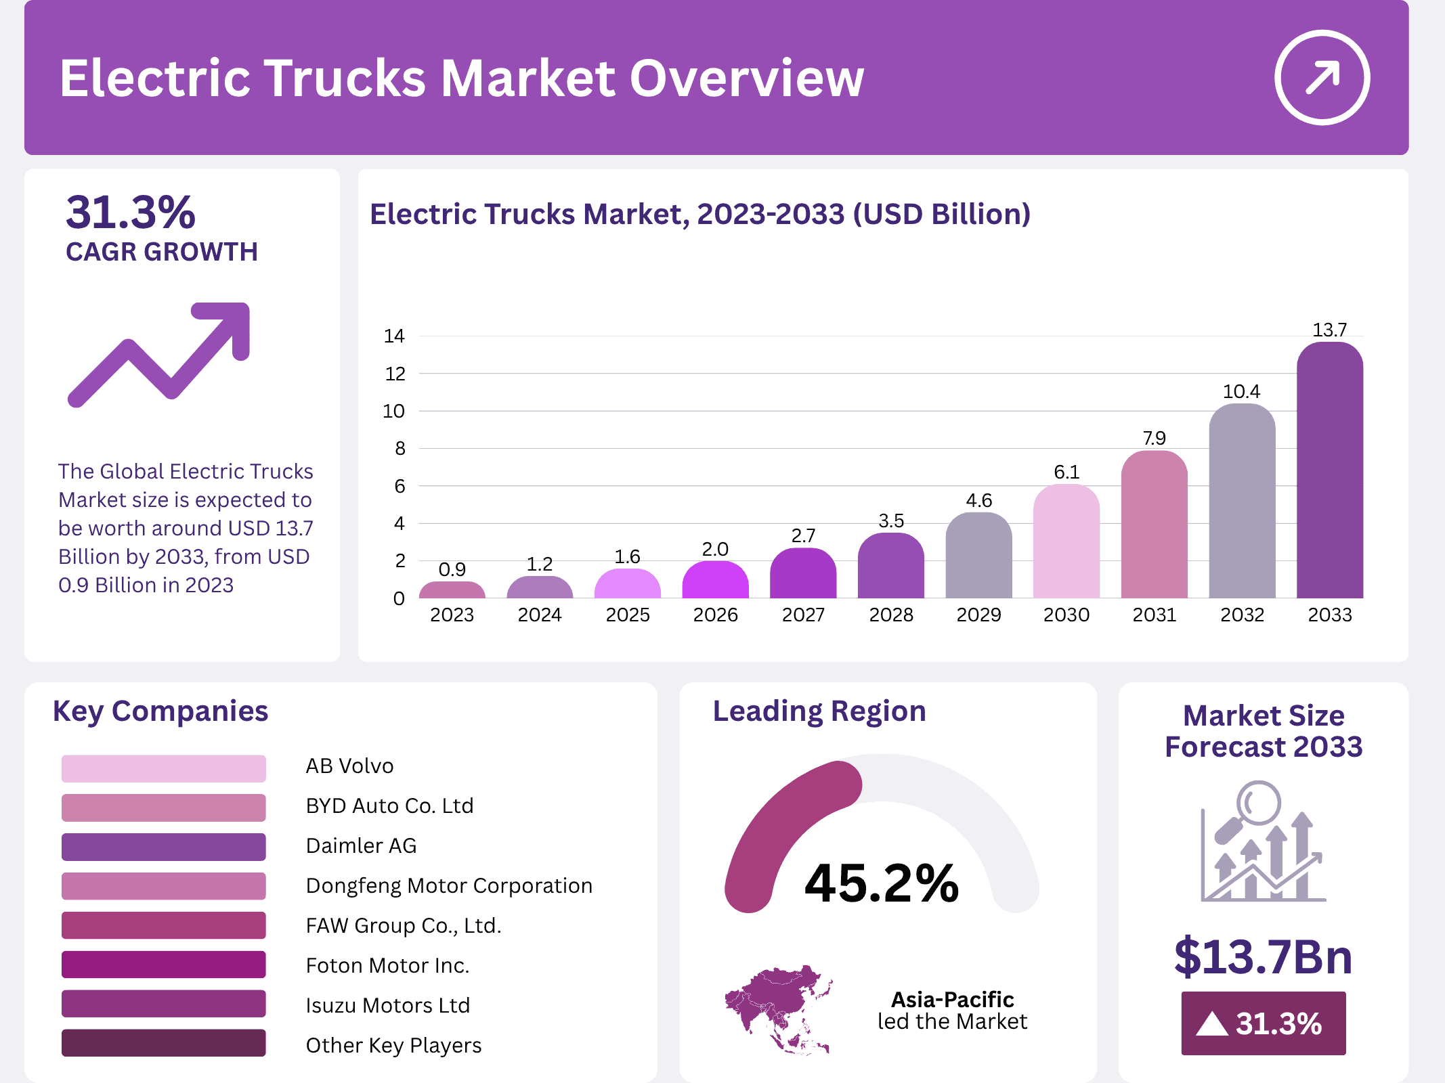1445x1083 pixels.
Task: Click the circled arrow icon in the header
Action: click(1322, 77)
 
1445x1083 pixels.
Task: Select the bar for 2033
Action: click(1329, 474)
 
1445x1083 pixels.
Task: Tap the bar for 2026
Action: click(715, 581)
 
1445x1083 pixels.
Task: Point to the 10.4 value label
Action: click(1241, 391)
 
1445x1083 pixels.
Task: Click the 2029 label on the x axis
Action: click(978, 615)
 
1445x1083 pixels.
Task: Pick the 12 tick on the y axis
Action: click(395, 374)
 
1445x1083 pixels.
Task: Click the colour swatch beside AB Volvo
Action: click(163, 768)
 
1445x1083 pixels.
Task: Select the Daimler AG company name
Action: click(361, 845)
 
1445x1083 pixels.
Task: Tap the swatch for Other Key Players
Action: click(163, 1043)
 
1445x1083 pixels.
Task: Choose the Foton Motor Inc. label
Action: click(387, 965)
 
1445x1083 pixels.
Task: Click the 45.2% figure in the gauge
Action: click(881, 883)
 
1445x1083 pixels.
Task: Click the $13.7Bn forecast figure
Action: click(1263, 956)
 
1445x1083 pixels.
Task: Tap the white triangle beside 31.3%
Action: click(1211, 1024)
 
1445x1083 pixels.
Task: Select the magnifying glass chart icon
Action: click(1262, 843)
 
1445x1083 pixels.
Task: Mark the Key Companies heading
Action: click(160, 711)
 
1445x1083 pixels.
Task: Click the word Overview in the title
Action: click(747, 79)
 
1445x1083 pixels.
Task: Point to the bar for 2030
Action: click(1066, 541)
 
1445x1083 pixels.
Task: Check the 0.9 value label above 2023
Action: click(452, 569)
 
